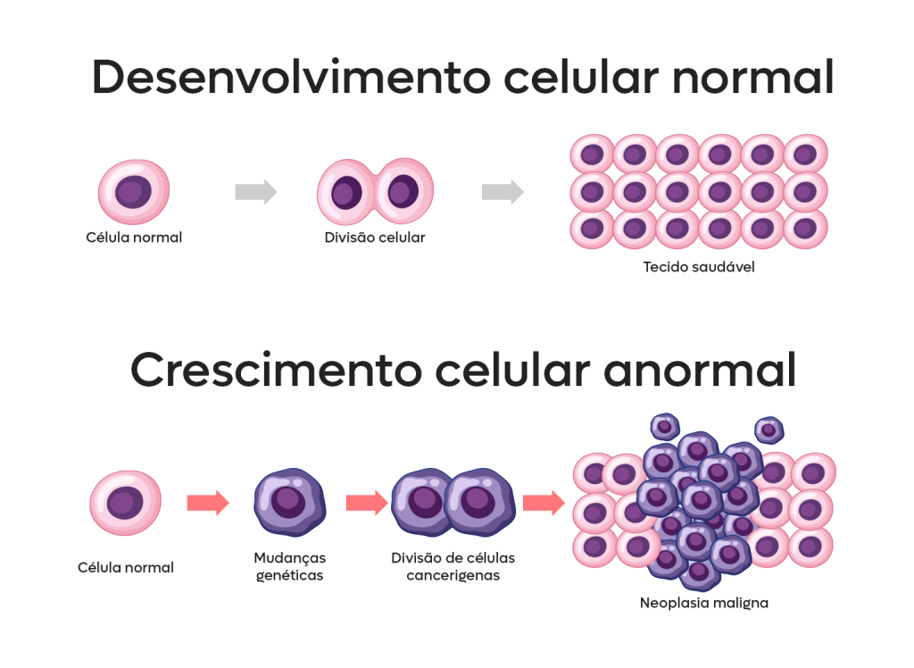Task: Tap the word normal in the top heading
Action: pos(752,79)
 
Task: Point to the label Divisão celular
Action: pos(375,238)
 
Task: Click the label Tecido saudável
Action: pos(699,266)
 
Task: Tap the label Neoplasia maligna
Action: pos(703,603)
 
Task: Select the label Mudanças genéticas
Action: pos(289,566)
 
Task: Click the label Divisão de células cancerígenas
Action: pos(453,566)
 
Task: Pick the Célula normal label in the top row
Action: pos(134,238)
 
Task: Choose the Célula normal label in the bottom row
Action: pos(126,567)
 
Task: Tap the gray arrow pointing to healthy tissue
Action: pos(503,192)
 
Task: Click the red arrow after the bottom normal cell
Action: pos(208,503)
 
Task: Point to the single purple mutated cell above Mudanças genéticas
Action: pos(289,503)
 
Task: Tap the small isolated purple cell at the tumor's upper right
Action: pos(769,430)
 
